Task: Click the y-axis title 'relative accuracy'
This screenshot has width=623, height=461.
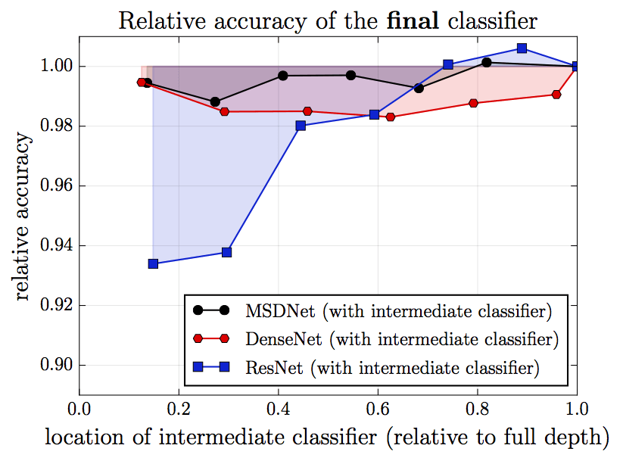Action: click(24, 218)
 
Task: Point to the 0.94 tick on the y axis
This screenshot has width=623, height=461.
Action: click(53, 246)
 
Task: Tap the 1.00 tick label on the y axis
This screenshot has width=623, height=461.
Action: click(53, 67)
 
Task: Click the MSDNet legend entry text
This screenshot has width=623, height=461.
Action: click(397, 310)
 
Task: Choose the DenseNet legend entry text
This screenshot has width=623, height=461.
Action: click(401, 339)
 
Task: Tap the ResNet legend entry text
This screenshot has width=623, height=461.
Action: click(391, 369)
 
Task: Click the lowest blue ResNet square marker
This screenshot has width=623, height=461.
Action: click(153, 263)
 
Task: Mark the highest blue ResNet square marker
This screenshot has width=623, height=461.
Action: click(522, 48)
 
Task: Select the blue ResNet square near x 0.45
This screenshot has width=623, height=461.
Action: click(301, 126)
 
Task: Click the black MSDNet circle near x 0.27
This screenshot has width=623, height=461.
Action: click(215, 101)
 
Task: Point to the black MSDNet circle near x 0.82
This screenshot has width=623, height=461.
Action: click(486, 62)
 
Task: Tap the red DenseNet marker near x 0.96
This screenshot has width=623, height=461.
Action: click(556, 95)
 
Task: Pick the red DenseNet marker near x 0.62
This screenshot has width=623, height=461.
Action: click(391, 117)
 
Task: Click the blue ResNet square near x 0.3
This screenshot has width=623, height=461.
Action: click(226, 252)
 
